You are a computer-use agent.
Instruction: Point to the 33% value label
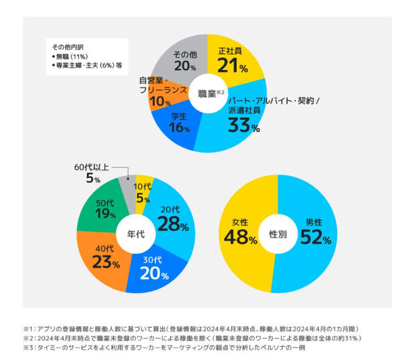click(x=244, y=125)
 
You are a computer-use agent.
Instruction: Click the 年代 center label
click(x=136, y=235)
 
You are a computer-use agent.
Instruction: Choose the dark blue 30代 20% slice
click(x=152, y=271)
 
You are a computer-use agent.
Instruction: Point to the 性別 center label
click(x=277, y=235)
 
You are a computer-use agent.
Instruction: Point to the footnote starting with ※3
click(x=164, y=347)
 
